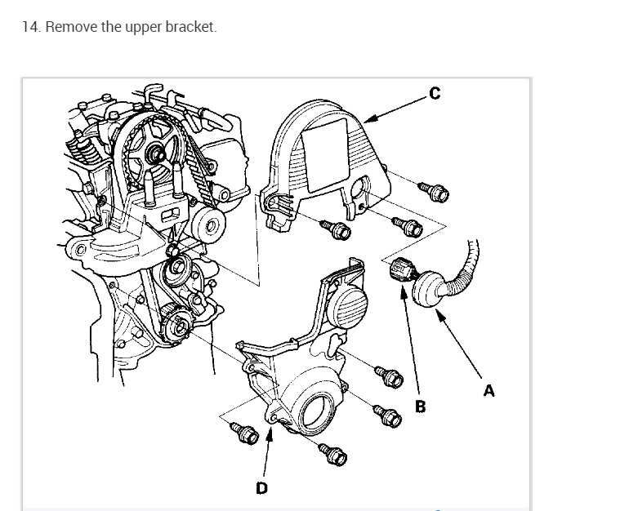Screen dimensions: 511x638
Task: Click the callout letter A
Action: pos(489,390)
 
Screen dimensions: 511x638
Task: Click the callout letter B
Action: pos(421,405)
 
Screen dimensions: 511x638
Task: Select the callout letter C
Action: pos(434,94)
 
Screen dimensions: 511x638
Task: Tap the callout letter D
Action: pos(261,487)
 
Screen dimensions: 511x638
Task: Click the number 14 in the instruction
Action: pos(29,27)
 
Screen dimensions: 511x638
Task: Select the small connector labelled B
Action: pos(399,270)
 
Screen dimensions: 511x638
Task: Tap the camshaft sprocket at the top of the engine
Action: pos(157,149)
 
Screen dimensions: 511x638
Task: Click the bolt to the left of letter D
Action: pos(244,433)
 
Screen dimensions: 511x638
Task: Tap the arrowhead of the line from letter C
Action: pos(365,119)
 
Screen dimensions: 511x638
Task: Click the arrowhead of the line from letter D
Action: pos(269,425)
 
